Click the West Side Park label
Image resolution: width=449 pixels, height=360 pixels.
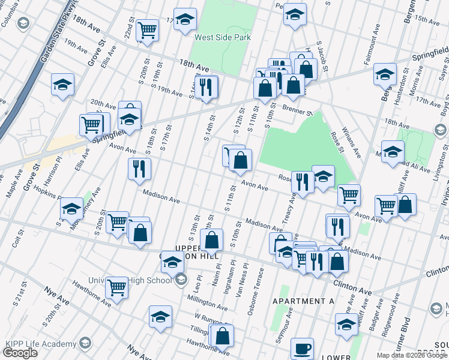tap(222, 37)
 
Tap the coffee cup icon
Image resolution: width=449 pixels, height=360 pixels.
tap(302, 349)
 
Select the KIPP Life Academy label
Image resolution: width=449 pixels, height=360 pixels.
tap(39, 343)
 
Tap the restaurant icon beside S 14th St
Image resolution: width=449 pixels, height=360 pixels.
tap(206, 87)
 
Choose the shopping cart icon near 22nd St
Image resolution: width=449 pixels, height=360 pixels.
tap(147, 30)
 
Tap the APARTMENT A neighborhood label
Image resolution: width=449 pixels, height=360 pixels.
tap(303, 301)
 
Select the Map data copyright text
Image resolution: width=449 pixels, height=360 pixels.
tap(412, 355)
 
